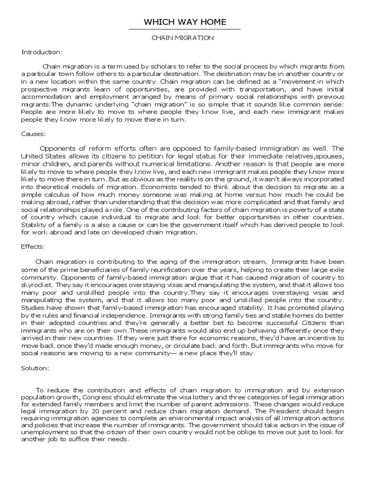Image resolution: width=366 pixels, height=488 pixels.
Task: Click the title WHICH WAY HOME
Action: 185,22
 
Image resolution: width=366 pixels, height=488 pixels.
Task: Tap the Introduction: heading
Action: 41,52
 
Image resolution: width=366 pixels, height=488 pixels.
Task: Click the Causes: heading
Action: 32,135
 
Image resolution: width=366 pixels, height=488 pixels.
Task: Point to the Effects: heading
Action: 33,247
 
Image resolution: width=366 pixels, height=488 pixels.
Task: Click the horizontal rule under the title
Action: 185,30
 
